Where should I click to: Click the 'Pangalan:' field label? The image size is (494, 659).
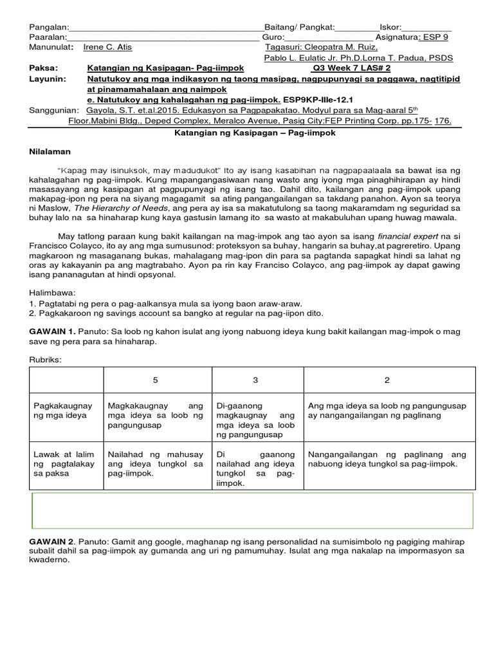(x=48, y=27)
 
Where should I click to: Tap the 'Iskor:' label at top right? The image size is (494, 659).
(x=390, y=27)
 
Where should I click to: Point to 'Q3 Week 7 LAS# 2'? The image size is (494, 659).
(x=360, y=68)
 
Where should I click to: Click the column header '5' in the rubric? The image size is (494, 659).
(x=156, y=380)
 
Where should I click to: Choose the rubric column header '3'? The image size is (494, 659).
(x=255, y=380)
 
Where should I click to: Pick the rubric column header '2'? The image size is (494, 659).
(x=387, y=380)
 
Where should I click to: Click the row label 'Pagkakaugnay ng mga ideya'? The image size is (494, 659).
(x=63, y=411)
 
